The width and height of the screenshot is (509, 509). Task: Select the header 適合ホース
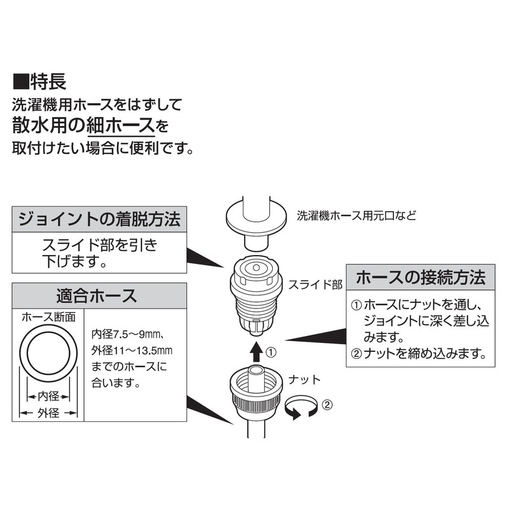(96, 296)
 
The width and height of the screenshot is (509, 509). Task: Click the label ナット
(304, 380)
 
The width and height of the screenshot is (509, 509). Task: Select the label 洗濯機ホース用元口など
(356, 215)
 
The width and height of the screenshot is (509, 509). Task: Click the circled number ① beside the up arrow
(271, 351)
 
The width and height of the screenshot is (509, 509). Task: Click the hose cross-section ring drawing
(49, 354)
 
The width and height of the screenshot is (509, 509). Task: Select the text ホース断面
(49, 317)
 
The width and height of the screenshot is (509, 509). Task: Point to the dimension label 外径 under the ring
(49, 413)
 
